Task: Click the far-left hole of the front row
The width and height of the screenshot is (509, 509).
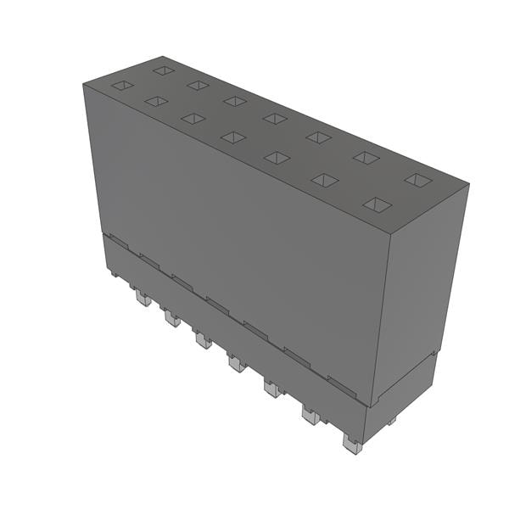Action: point(123,85)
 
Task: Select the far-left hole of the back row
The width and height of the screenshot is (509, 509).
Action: point(164,70)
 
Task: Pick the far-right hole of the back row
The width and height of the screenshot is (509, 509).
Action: point(417,180)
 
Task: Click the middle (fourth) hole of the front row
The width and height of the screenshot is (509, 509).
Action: point(232,137)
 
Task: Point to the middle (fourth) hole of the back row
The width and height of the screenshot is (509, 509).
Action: point(274,118)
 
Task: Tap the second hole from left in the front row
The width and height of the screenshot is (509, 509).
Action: point(156,101)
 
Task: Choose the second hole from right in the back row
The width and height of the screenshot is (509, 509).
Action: point(366,157)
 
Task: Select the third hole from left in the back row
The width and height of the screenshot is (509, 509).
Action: point(235,101)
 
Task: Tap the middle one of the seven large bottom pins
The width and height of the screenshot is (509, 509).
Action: point(237,365)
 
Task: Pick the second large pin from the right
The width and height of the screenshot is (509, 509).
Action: point(310,416)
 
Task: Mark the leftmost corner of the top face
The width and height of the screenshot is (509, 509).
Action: point(83,84)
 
